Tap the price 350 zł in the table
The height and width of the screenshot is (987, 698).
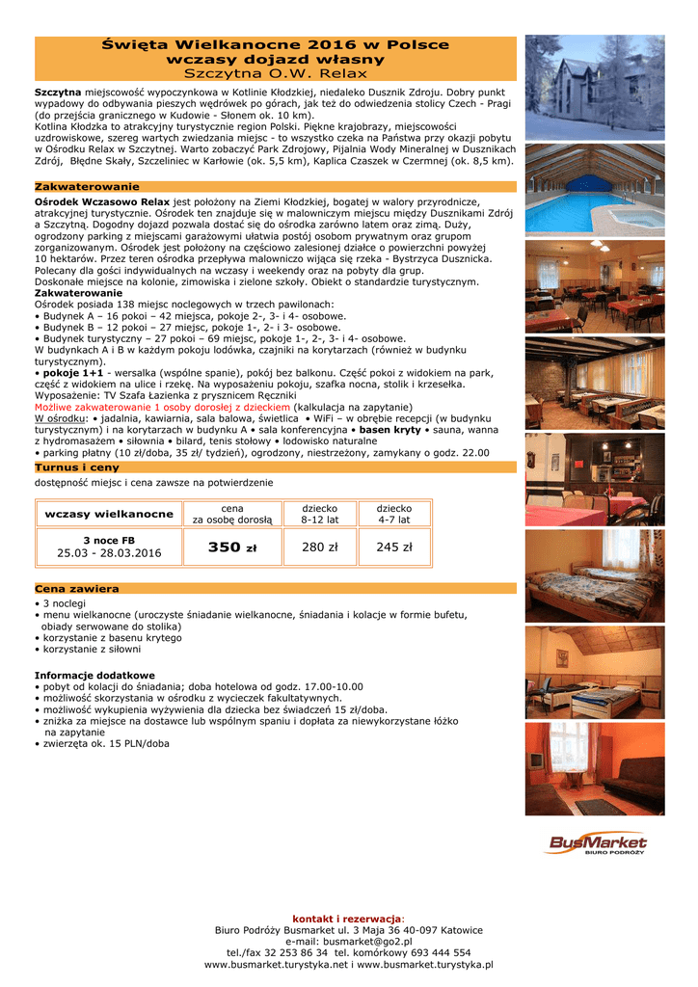(x=232, y=547)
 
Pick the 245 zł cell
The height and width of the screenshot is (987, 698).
(x=393, y=547)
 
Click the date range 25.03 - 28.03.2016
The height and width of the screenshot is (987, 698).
(x=109, y=553)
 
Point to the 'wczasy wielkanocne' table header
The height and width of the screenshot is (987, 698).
(x=109, y=514)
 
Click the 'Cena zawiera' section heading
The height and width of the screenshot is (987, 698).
(x=77, y=588)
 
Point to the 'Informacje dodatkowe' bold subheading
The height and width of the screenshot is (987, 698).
(x=94, y=675)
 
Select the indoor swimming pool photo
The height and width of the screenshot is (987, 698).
(x=594, y=188)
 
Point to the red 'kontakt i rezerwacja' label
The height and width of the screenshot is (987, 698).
(x=347, y=918)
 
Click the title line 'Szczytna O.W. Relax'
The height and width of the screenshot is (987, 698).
(x=276, y=72)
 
